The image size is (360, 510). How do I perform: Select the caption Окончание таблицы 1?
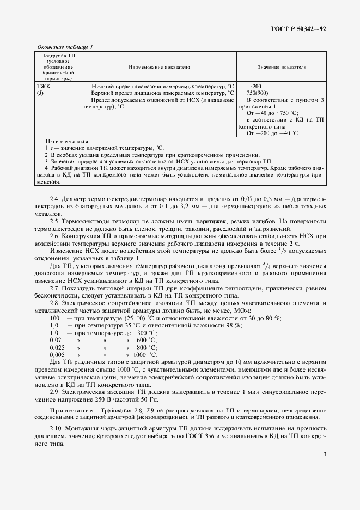pyautogui.click(x=64, y=47)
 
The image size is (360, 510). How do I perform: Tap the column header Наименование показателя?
pyautogui.click(x=159, y=67)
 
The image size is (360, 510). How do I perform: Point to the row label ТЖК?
pyautogui.click(x=42, y=86)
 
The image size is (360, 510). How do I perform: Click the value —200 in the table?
pyautogui.click(x=254, y=86)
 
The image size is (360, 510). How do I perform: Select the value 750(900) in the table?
pyautogui.click(x=258, y=93)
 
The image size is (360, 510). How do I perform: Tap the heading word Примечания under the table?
pyautogui.click(x=67, y=141)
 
